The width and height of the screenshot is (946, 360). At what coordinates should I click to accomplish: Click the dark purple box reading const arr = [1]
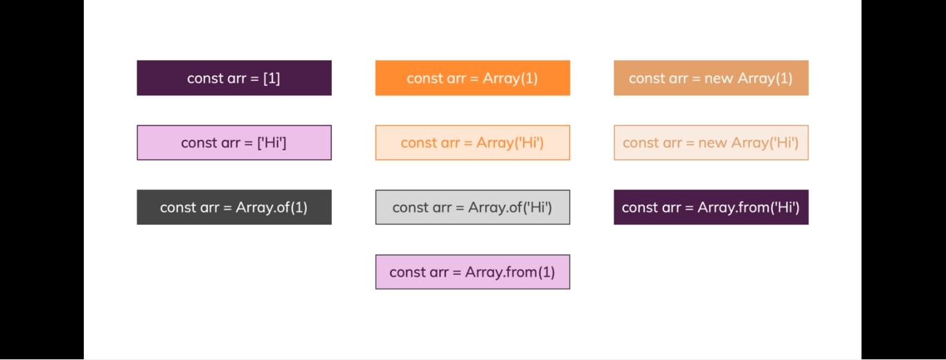[x=234, y=78]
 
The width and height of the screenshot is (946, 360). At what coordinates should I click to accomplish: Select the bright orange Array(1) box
[x=472, y=78]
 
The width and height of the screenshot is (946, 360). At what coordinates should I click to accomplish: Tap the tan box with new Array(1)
[x=711, y=78]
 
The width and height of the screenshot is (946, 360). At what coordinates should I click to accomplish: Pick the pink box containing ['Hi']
[x=234, y=143]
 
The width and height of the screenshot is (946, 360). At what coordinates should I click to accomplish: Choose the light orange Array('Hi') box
[x=472, y=143]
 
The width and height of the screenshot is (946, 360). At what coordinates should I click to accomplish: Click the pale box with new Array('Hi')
[x=711, y=143]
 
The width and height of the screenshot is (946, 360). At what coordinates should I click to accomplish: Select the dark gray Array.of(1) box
[x=234, y=207]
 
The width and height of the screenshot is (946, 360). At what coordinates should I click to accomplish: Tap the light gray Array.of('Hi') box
[x=472, y=207]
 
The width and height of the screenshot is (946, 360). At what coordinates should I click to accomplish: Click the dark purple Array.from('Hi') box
[x=711, y=207]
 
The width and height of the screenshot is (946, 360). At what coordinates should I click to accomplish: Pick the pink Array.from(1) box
[x=472, y=272]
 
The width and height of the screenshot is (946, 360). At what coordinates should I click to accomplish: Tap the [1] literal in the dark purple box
[x=271, y=78]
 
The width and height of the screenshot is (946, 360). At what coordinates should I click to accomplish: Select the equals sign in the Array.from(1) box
[x=456, y=273]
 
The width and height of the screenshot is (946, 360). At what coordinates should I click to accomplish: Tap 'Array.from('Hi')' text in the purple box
[x=749, y=208]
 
